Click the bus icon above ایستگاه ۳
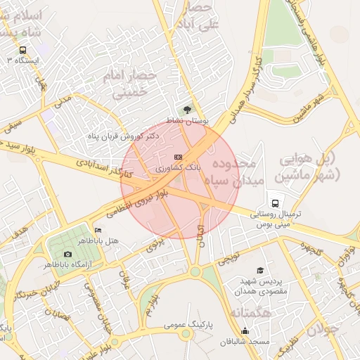tap(23, 50)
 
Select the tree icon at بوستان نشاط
tap(186, 110)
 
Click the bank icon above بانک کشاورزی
tap(178, 157)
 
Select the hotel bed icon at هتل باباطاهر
tap(98, 230)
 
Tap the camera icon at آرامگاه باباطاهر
tap(67, 254)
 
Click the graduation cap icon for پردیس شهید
tap(260, 271)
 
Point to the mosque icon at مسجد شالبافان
tap(245, 331)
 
